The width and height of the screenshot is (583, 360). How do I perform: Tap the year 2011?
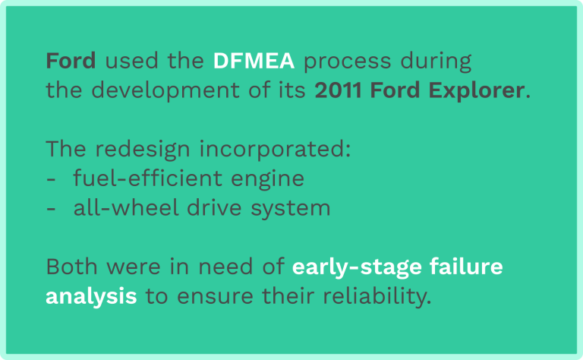[x=338, y=90]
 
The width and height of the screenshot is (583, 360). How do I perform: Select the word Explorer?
[x=482, y=90]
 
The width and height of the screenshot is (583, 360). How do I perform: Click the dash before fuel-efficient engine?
[x=51, y=179]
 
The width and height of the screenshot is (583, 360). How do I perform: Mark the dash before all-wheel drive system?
[x=51, y=208]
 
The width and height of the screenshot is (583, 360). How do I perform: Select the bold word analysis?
[x=91, y=295]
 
